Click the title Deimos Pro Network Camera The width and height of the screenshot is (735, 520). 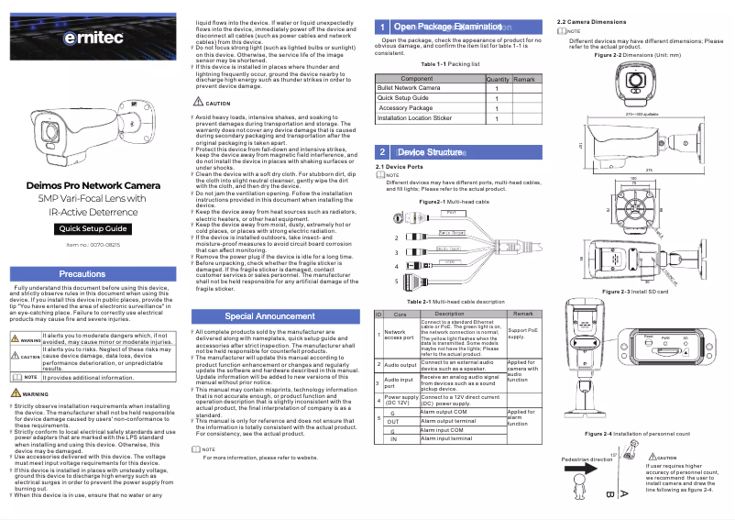click(94, 186)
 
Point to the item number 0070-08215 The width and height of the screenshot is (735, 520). click(93, 246)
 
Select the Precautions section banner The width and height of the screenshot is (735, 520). click(94, 274)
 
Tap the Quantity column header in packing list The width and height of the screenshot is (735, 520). click(498, 80)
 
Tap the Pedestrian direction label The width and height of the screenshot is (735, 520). click(587, 459)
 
